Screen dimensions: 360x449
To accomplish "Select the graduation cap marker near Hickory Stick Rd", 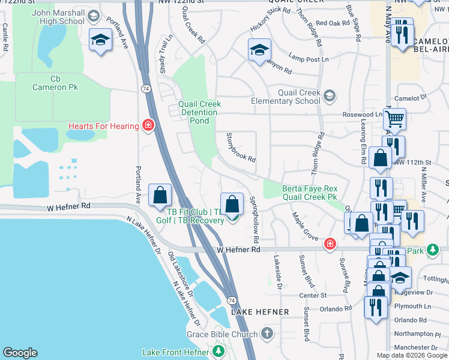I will pyautogui.click(x=259, y=50).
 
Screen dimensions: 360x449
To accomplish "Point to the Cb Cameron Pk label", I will pyautogui.click(x=56, y=83).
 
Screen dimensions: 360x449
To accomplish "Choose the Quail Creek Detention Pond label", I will pyautogui.click(x=199, y=112).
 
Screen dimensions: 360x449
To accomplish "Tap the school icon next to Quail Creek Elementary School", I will pyautogui.click(x=329, y=96).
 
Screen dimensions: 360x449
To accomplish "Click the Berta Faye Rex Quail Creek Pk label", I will pyautogui.click(x=309, y=193).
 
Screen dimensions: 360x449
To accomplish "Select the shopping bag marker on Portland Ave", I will pyautogui.click(x=160, y=195).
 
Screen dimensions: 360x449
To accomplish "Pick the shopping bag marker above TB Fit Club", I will pyautogui.click(x=232, y=204).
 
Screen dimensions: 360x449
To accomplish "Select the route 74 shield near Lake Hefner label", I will pyautogui.click(x=231, y=299).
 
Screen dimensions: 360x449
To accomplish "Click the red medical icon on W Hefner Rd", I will pyautogui.click(x=330, y=244).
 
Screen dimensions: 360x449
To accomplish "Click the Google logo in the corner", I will pyautogui.click(x=20, y=353).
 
